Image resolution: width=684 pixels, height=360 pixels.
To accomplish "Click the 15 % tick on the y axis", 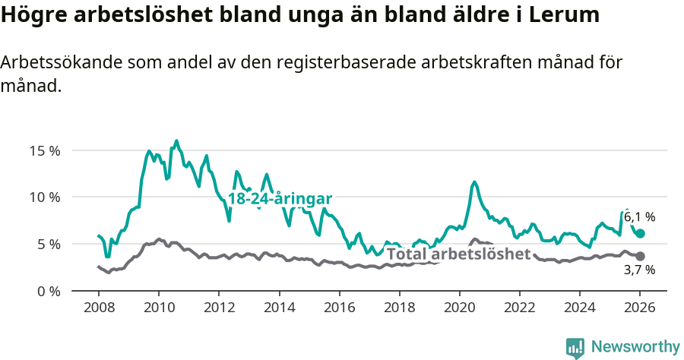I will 44,150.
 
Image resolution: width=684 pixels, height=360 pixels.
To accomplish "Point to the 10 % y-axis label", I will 44,197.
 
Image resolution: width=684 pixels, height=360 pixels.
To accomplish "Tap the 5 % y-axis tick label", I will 48,245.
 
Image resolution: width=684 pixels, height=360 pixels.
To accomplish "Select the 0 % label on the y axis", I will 48,292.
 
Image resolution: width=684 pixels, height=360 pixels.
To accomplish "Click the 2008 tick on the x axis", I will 99,309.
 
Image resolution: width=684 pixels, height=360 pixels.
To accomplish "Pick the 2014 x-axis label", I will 279,309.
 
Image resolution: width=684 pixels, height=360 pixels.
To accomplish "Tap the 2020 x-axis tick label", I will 459,309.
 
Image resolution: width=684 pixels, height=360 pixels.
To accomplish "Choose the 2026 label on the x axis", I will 640,309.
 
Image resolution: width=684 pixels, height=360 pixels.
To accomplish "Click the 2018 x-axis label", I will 399,309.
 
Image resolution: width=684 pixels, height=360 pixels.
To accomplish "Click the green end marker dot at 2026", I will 640,234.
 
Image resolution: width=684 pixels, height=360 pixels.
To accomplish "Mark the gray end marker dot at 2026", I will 640,257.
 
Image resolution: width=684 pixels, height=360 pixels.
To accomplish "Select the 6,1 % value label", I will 639,217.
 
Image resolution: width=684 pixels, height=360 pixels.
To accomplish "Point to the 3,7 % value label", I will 639,270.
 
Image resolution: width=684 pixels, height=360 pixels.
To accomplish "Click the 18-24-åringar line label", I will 280,198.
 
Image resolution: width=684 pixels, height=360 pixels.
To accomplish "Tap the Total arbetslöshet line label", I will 458,254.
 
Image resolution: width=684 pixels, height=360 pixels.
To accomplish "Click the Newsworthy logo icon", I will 575,347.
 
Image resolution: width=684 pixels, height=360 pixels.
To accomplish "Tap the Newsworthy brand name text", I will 635,347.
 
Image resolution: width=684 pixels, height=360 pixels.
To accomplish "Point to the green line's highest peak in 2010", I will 176,141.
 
